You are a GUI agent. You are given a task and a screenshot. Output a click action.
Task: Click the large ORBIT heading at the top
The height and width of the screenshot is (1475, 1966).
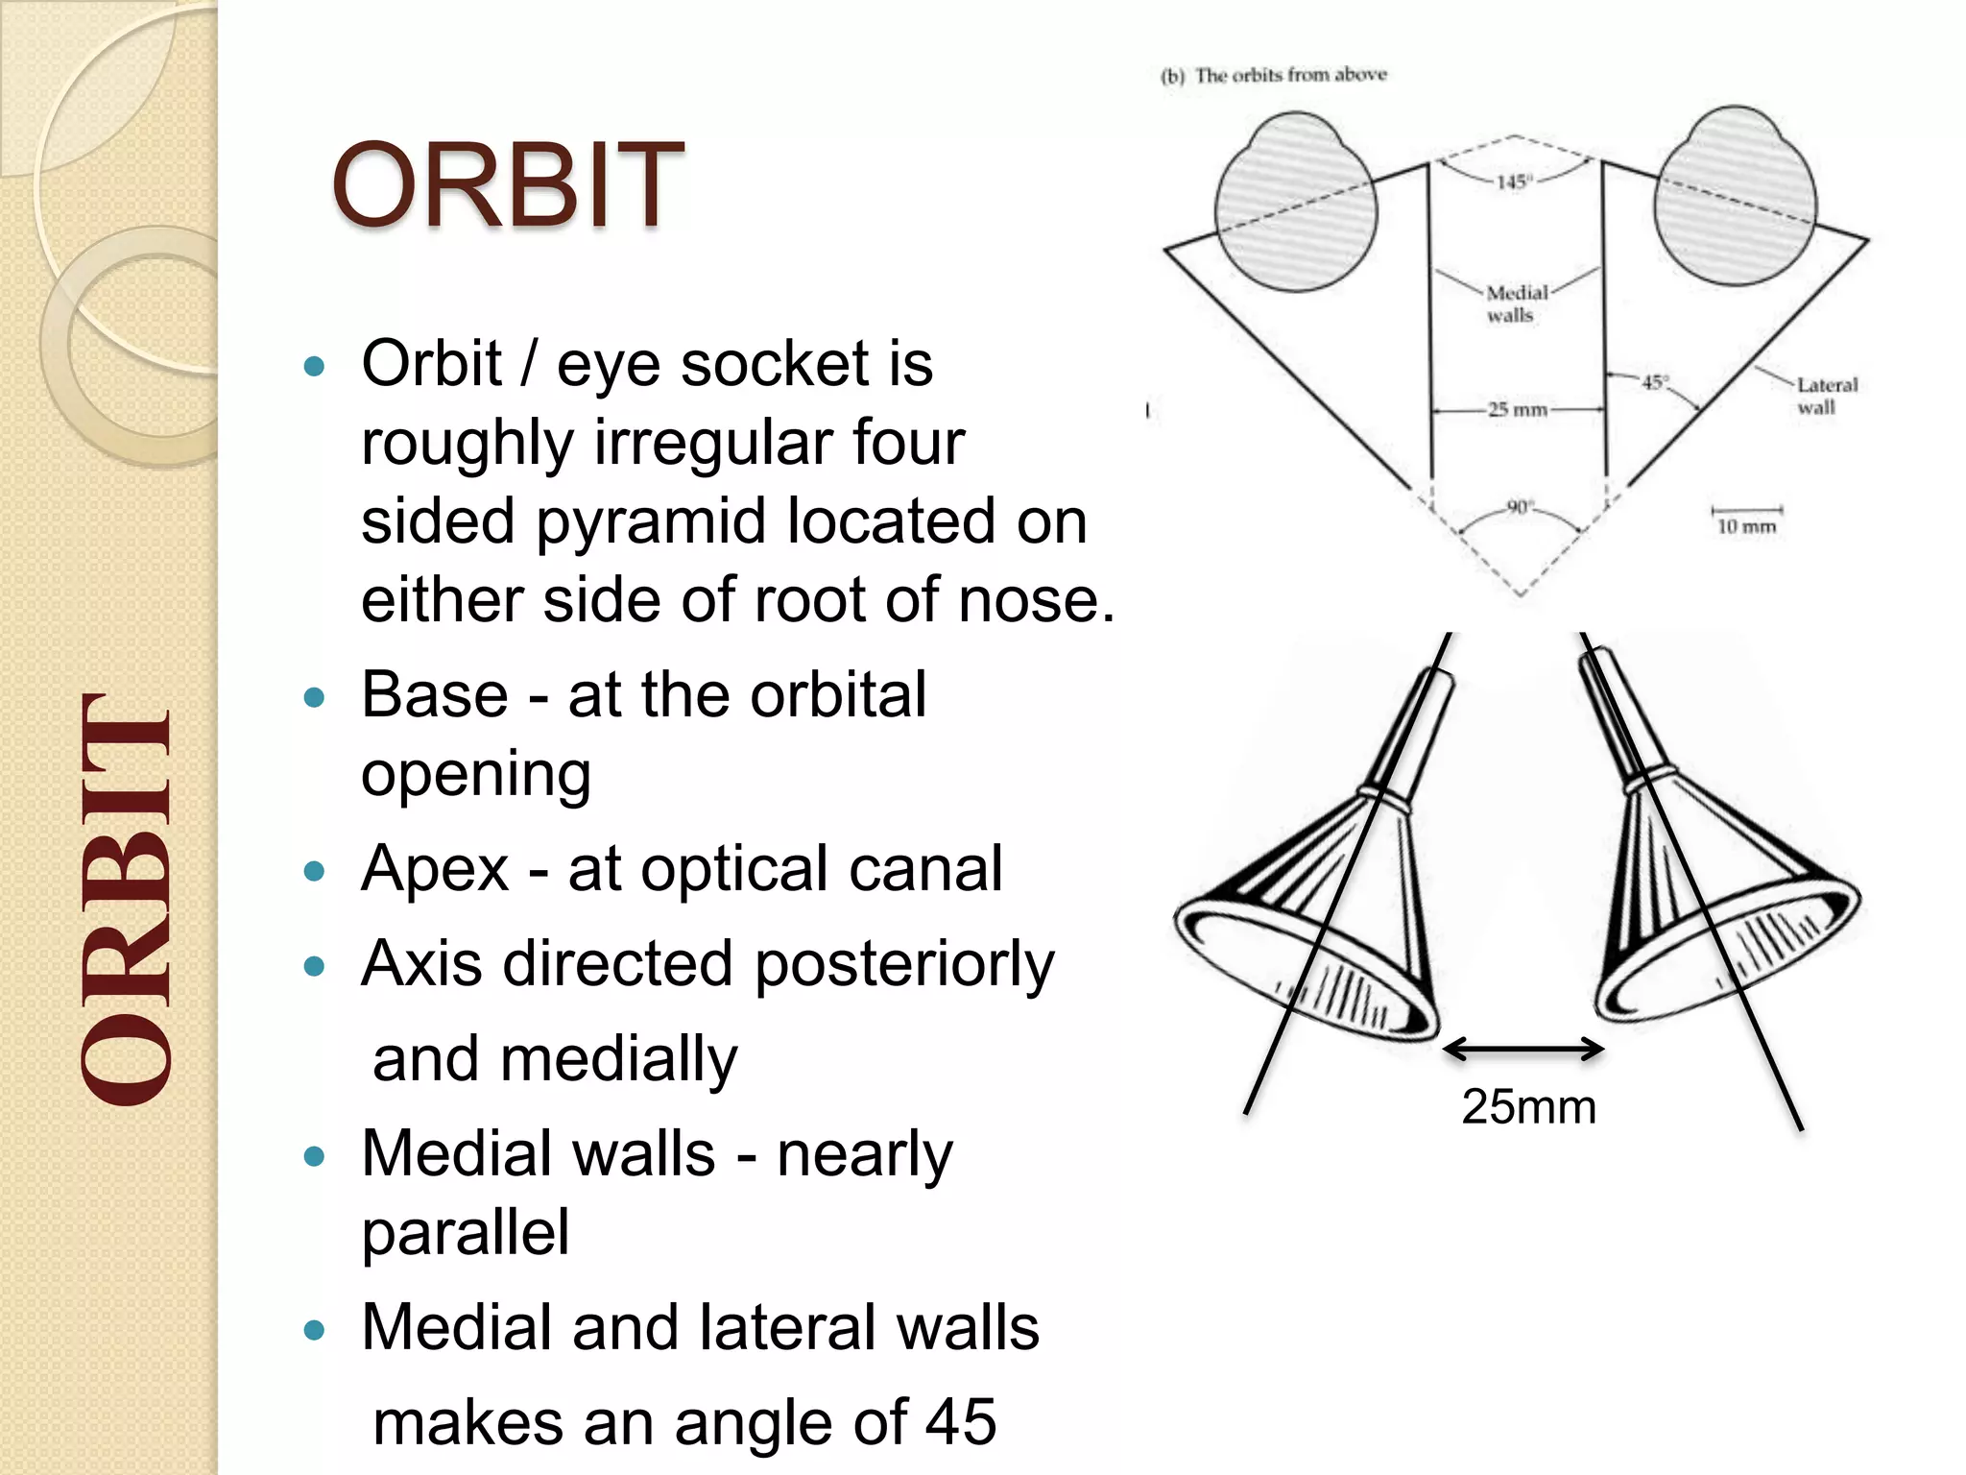pos(507,186)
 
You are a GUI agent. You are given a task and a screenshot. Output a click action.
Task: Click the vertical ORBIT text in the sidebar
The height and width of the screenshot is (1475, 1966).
pos(127,900)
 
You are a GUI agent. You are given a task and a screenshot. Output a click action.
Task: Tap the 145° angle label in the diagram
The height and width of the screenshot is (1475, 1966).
pos(1513,181)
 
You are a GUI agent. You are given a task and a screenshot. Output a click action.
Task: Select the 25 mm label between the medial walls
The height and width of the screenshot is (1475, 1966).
pos(1518,410)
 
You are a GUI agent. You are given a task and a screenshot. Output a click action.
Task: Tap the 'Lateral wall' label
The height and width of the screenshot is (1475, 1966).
pos(1826,396)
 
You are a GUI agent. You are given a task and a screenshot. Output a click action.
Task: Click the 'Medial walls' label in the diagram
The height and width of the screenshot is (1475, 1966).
pos(1516,303)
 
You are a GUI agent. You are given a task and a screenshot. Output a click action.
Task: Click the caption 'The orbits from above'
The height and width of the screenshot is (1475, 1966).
pos(1289,75)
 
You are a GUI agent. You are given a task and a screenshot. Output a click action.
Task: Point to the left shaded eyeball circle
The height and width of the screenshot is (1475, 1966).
pos(1295,206)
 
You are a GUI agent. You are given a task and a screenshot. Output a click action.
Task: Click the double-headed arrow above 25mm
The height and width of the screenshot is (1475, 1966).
pos(1522,1049)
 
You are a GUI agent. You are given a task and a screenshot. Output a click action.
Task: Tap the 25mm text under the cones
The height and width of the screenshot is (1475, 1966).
pos(1528,1107)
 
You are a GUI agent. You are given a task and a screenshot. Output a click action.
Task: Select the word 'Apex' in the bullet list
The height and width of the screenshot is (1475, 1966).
pos(435,869)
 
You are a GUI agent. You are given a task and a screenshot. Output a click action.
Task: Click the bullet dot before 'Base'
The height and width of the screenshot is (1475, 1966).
pos(314,697)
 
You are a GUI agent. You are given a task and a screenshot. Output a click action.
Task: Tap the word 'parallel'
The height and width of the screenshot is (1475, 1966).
pos(466,1232)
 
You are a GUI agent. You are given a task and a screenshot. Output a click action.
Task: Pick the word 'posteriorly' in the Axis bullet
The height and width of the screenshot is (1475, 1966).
pos(903,964)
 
